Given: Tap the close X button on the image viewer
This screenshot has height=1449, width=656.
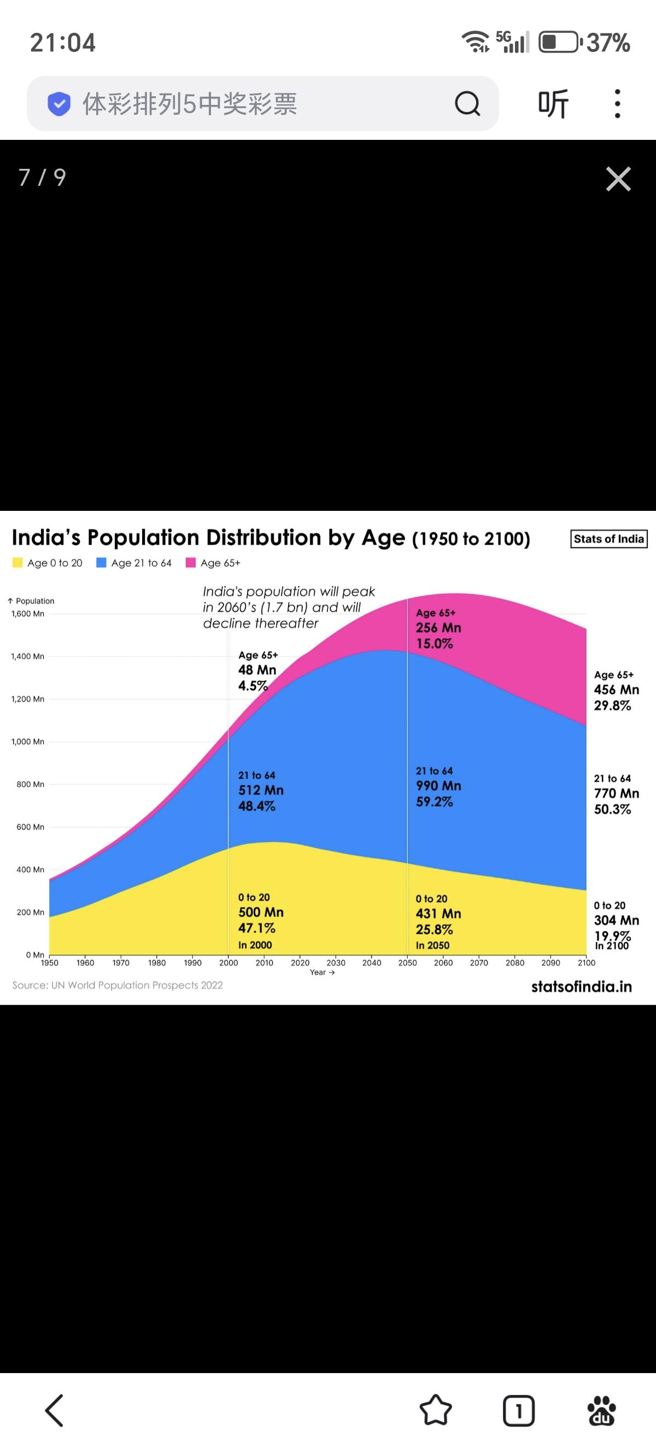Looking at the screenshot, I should pyautogui.click(x=618, y=179).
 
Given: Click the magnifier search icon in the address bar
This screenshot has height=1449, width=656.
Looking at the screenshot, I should pyautogui.click(x=467, y=103).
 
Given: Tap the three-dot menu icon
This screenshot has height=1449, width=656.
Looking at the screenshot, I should pyautogui.click(x=617, y=103).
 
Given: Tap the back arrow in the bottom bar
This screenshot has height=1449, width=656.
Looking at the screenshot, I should pyautogui.click(x=55, y=1410).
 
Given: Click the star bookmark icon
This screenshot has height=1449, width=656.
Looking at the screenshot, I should pyautogui.click(x=436, y=1410).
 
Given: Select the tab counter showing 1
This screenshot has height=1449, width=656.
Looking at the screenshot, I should pyautogui.click(x=518, y=1410).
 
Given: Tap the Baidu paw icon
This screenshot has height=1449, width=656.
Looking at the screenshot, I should pyautogui.click(x=601, y=1410).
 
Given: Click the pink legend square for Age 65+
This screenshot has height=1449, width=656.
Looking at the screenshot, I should pyautogui.click(x=191, y=563).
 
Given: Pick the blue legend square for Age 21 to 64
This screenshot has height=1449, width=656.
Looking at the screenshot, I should pyautogui.click(x=101, y=563).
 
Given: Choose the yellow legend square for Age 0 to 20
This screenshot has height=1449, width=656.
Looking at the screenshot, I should pyautogui.click(x=17, y=563).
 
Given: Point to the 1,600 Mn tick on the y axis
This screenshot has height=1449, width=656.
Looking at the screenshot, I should pyautogui.click(x=27, y=614).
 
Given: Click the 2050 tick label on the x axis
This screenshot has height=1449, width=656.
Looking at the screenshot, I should pyautogui.click(x=407, y=962).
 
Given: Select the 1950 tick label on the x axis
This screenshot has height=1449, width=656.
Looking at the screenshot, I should pyautogui.click(x=50, y=962).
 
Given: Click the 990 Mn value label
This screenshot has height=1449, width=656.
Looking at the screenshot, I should pyautogui.click(x=438, y=786).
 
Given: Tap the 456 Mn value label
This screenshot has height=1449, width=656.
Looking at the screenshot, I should pyautogui.click(x=616, y=690).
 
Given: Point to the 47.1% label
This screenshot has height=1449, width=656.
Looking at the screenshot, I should pyautogui.click(x=256, y=928).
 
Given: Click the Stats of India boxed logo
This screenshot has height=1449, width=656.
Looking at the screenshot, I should pyautogui.click(x=609, y=539).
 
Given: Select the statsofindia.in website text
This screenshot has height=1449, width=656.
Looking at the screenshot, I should pyautogui.click(x=581, y=987).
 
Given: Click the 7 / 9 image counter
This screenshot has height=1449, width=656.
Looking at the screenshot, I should pyautogui.click(x=42, y=177).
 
